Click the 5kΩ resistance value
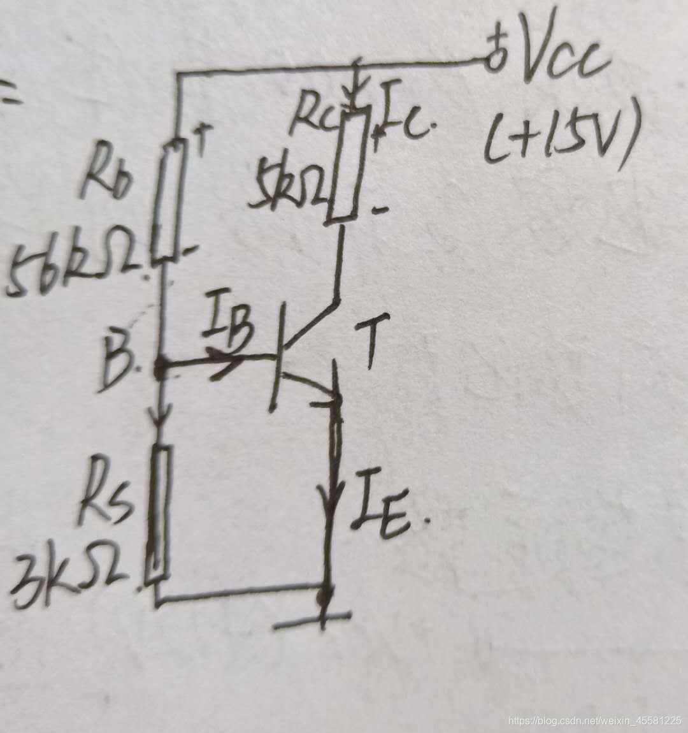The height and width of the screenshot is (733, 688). (290, 185)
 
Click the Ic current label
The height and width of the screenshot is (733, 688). (405, 115)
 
